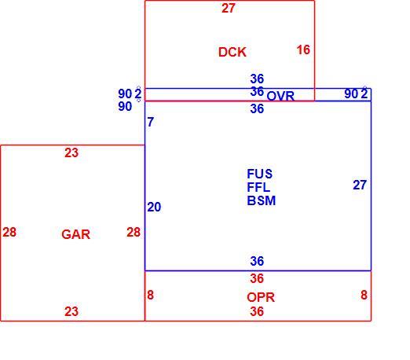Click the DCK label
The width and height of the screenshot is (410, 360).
pyautogui.click(x=232, y=52)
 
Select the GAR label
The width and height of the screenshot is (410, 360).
pyautogui.click(x=75, y=234)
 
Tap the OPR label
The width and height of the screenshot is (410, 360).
pyautogui.click(x=261, y=297)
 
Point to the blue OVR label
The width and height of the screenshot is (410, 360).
pyautogui.click(x=280, y=96)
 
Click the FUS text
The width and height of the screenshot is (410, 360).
pyautogui.click(x=260, y=174)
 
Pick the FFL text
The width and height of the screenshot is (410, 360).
pyautogui.click(x=258, y=187)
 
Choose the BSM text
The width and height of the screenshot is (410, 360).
pyautogui.click(x=262, y=200)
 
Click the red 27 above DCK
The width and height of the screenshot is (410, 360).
pyautogui.click(x=229, y=8)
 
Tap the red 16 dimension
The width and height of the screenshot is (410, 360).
pyautogui.click(x=303, y=50)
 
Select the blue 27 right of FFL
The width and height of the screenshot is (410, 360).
pyautogui.click(x=360, y=185)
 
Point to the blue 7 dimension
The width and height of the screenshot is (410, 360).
pyautogui.click(x=151, y=122)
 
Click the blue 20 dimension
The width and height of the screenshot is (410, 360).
pyautogui.click(x=154, y=207)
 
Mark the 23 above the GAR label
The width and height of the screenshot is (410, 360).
pyautogui.click(x=71, y=152)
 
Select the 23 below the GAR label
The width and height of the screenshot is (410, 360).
pyautogui.click(x=71, y=311)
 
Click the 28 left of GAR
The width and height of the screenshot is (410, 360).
pyautogui.click(x=9, y=232)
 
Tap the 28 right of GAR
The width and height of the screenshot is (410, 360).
pyautogui.click(x=134, y=232)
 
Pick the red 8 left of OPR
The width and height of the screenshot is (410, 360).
pyautogui.click(x=150, y=295)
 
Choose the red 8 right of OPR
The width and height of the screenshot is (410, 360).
pyautogui.click(x=364, y=295)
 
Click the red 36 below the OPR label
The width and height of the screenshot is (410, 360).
pyautogui.click(x=257, y=311)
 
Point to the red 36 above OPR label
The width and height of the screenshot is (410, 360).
pyautogui.click(x=257, y=278)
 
